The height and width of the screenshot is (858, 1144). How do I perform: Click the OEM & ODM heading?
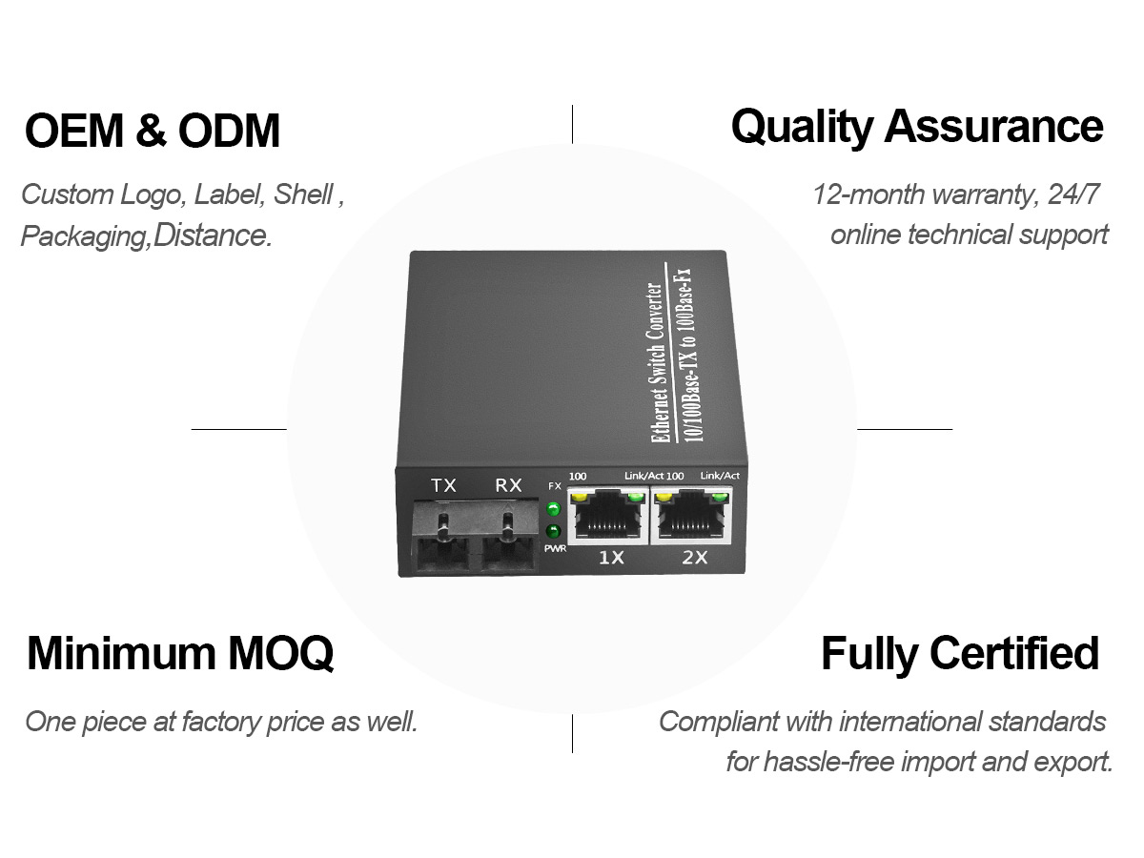[153, 131]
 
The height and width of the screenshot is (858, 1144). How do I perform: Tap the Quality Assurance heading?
[917, 127]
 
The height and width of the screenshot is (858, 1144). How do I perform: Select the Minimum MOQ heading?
[180, 653]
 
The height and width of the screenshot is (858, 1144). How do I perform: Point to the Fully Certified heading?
[960, 654]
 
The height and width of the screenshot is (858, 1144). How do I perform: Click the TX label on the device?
[443, 485]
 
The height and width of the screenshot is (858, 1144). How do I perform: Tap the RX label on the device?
[508, 485]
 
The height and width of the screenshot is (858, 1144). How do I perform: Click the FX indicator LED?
[553, 508]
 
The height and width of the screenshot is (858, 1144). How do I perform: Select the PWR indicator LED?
[553, 532]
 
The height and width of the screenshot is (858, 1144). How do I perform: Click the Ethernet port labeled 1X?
[607, 516]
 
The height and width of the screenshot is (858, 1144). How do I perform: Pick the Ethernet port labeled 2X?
[691, 515]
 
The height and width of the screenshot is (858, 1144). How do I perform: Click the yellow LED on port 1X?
[578, 498]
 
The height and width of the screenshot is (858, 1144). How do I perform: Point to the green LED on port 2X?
[719, 497]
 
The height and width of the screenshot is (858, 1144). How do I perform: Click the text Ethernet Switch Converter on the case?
[657, 362]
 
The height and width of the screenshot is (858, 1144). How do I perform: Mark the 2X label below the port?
[695, 558]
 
